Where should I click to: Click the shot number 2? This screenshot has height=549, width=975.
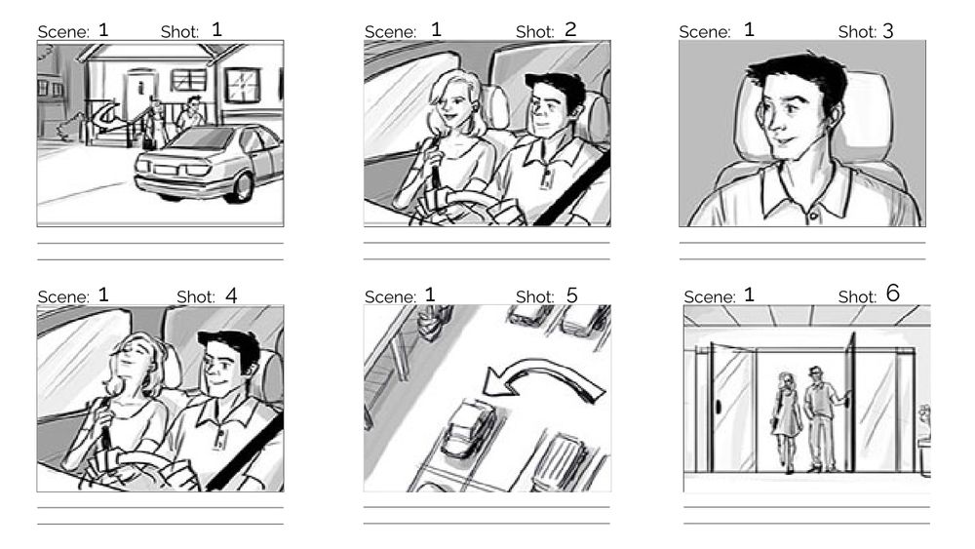pos(570,29)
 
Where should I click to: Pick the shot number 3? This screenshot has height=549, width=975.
pos(887,31)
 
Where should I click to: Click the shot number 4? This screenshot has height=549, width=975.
pos(231,294)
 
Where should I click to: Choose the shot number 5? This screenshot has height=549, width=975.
pos(571,294)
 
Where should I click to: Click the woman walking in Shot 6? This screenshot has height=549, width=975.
pos(786,419)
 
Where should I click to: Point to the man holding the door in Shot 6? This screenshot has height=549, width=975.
pos(821,414)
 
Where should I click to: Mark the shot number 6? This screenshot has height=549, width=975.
pos(893,294)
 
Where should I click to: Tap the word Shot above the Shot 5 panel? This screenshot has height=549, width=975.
pos(534,296)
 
